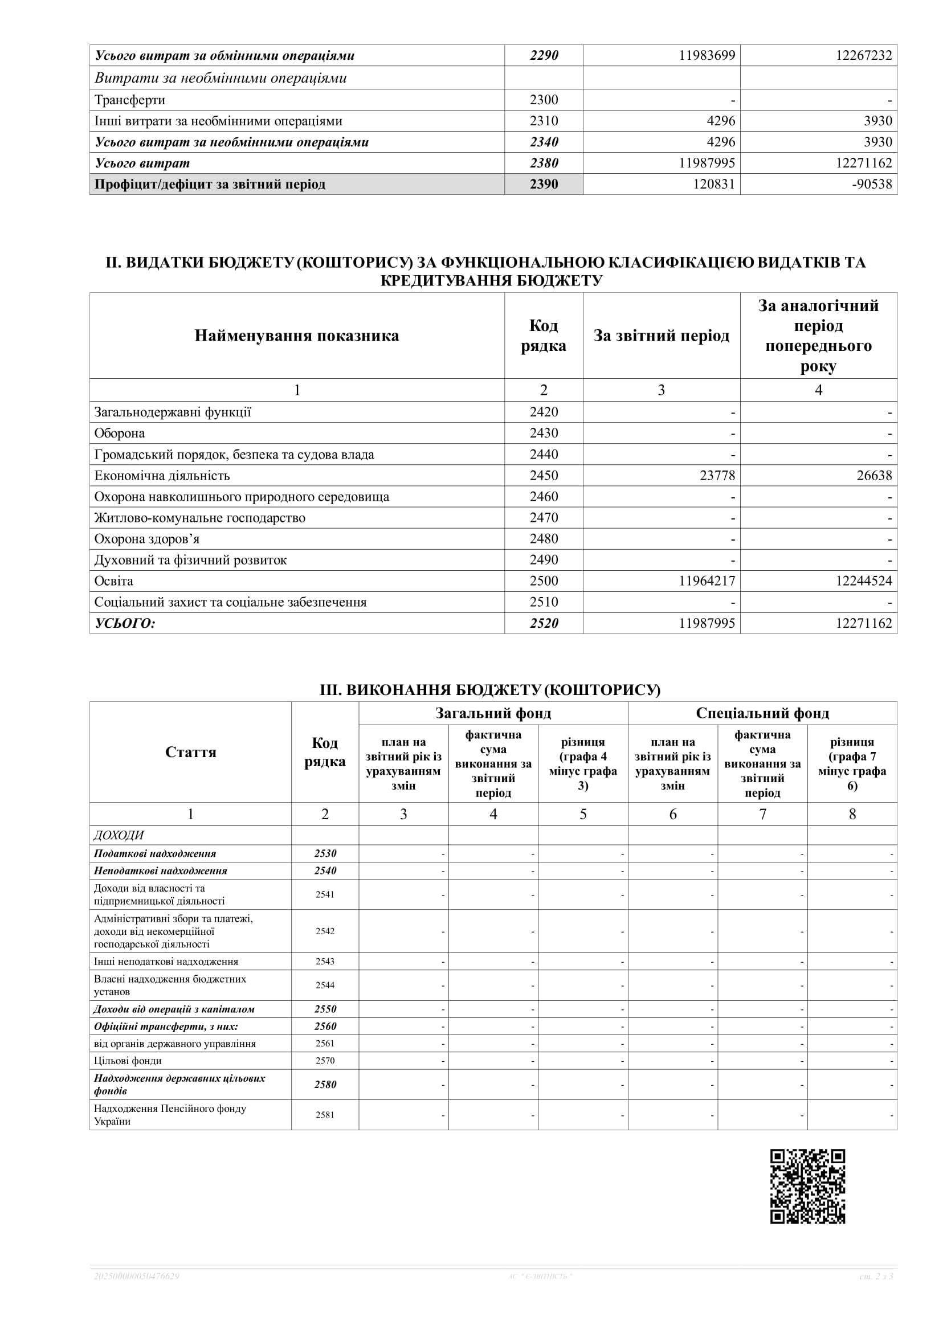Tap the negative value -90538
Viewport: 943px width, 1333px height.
(872, 184)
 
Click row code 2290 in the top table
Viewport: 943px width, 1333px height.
(544, 56)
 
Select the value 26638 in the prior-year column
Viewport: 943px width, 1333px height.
(874, 476)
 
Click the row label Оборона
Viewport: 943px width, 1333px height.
(120, 433)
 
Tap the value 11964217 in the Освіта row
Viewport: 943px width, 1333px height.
(707, 580)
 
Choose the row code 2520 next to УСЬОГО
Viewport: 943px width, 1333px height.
(544, 623)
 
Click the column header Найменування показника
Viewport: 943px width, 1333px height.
(297, 336)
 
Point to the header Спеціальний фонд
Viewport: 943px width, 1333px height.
(762, 713)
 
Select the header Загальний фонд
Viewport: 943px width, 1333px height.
(493, 713)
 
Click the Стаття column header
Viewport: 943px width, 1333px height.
(190, 752)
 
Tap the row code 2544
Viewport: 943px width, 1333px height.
(325, 985)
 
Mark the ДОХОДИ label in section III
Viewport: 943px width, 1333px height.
(119, 835)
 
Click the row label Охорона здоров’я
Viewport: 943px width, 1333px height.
(147, 539)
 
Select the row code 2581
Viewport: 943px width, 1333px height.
(325, 1114)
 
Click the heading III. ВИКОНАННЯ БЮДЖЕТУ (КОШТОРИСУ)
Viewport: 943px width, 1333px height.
(490, 690)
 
